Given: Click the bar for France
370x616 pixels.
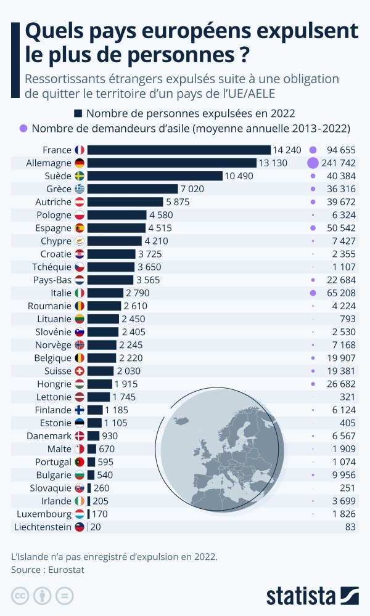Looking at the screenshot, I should tap(179, 150).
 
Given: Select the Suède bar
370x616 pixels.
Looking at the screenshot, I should tap(155, 176).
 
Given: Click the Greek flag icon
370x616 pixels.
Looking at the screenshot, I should tap(80, 189).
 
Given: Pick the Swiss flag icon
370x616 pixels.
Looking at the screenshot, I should tap(80, 371).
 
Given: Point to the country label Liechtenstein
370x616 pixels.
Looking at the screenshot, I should tap(43, 527).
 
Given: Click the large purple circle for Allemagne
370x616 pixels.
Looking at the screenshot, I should tap(313, 163).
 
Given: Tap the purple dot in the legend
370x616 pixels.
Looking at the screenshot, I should tap(23, 129).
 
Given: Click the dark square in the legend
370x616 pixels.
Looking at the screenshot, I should tap(78, 113).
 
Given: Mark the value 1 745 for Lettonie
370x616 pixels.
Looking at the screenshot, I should tap(124, 397).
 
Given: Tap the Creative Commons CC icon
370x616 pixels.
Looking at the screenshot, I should tap(21, 596).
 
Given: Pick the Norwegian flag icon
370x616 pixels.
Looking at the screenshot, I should tap(80, 345).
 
